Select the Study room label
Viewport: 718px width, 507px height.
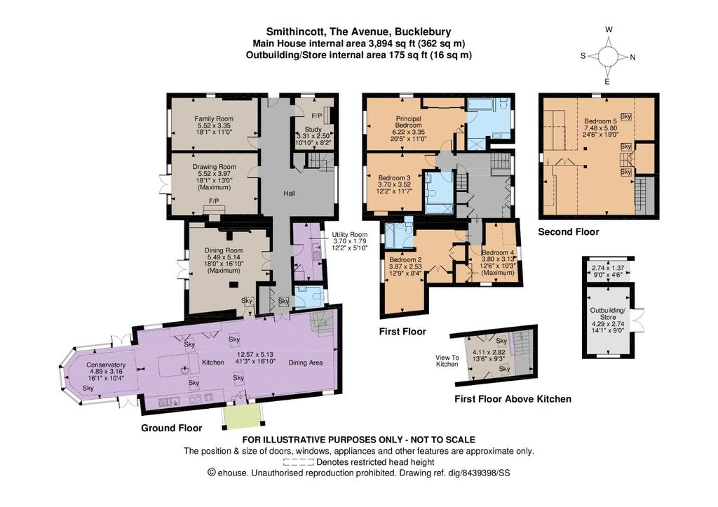tap(313, 130)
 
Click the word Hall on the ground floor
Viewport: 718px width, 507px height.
tap(289, 194)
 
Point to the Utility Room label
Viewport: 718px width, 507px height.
tap(350, 234)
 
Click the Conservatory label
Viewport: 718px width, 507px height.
tap(106, 365)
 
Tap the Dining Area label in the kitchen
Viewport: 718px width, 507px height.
tap(306, 363)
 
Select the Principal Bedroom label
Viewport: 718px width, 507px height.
tap(409, 122)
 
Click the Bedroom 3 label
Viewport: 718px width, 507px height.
tap(394, 177)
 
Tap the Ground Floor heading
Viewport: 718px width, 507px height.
tap(171, 428)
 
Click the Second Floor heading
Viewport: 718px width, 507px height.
tap(568, 231)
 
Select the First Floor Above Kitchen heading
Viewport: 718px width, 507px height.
tap(513, 399)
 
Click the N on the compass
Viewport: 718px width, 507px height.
tap(633, 58)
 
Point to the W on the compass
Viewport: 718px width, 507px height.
tap(609, 29)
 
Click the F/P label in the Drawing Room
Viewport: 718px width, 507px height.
tap(214, 201)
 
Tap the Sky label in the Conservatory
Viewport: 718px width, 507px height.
tap(88, 388)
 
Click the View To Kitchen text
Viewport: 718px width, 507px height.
tap(447, 361)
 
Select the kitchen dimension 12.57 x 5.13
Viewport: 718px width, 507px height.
tap(254, 355)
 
